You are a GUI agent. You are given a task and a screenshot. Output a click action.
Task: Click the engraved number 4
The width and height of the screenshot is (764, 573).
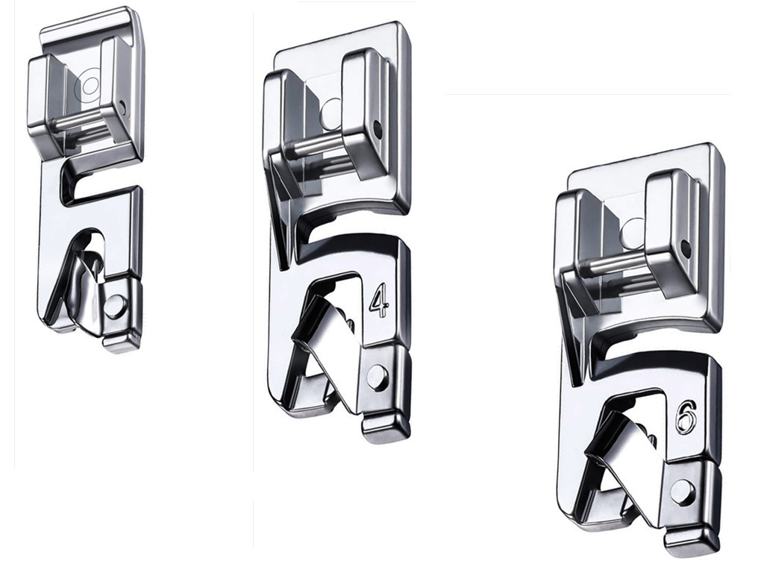[x=379, y=303]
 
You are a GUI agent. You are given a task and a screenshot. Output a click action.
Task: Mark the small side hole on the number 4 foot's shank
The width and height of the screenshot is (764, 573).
[x=377, y=129]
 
